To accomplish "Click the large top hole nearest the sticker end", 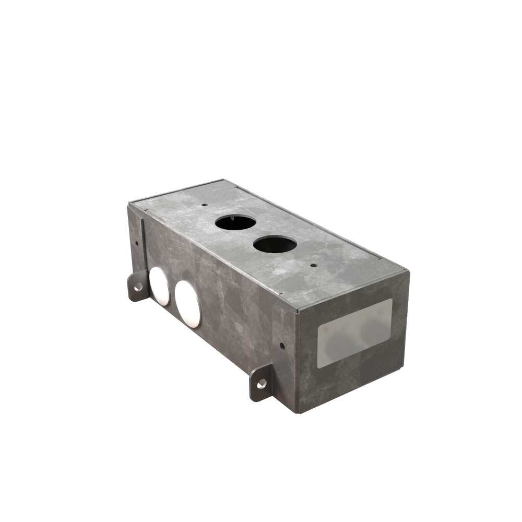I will coord(275,244).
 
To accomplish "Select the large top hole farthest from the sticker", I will coord(235,222).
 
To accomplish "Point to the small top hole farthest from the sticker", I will coord(204,204).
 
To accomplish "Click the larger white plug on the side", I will coord(188,304).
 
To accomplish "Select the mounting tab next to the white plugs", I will coord(137,286).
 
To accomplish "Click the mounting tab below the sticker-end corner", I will coord(261,384).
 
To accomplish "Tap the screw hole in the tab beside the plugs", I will coord(137,287).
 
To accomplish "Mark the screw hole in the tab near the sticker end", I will coord(261,384).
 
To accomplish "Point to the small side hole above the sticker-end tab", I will coord(282,345).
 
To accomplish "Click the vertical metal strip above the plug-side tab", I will coord(142,245).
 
